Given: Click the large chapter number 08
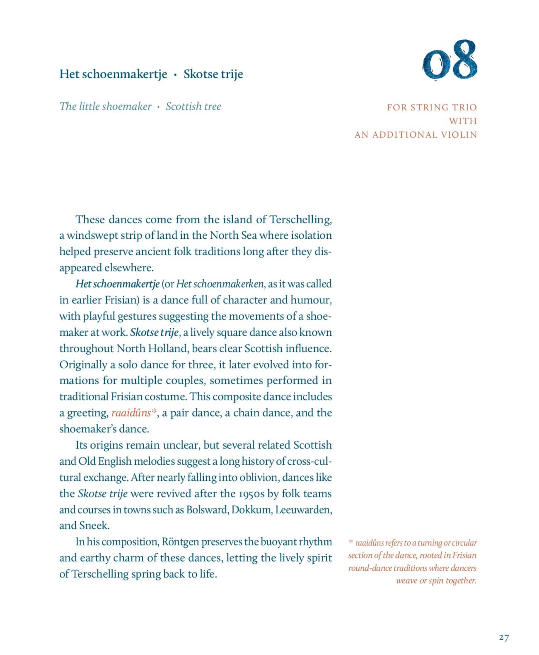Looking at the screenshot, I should (x=450, y=60).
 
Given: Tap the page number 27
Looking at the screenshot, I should (x=504, y=637).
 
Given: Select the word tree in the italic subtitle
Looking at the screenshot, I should (x=213, y=107).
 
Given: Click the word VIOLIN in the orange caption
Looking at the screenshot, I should (x=459, y=135).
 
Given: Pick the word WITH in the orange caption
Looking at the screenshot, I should (x=463, y=121).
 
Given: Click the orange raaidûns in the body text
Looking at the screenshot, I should (x=131, y=413).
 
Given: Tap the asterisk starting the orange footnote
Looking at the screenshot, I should (x=351, y=542).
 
